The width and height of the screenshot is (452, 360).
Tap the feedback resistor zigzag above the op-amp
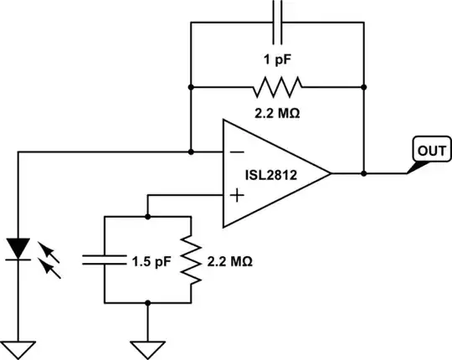coord(279,85)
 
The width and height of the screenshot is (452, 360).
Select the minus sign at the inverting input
coord(237,153)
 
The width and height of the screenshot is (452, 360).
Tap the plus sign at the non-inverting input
coord(237,196)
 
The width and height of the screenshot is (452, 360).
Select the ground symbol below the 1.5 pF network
coord(148,346)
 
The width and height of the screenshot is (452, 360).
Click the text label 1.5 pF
coord(152,260)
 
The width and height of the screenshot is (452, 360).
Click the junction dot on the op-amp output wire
coord(365,174)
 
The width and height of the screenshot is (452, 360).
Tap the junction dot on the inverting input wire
coord(192,152)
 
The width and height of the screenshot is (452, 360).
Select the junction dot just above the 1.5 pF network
coord(148,217)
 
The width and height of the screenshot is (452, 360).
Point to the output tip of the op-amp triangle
coord(331,174)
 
